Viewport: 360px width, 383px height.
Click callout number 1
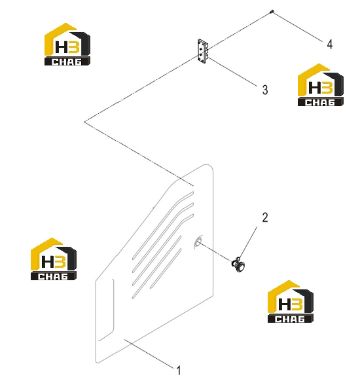point(179,371)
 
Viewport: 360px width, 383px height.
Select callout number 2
point(265,217)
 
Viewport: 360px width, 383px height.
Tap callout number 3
point(265,90)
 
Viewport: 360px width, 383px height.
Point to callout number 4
point(330,45)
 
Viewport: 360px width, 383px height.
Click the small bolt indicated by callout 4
point(272,11)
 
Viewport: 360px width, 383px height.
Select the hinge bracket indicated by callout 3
point(203,52)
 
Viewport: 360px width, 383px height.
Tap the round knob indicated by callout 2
point(239,264)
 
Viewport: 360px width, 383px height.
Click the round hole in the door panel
point(198,242)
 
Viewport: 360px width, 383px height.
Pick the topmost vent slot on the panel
point(163,225)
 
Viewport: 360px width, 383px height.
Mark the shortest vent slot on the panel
point(166,268)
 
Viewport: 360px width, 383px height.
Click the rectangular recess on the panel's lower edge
point(106,310)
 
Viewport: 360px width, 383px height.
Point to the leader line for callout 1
point(149,354)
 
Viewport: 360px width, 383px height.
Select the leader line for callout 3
point(232,72)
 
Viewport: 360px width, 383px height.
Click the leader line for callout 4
point(297,26)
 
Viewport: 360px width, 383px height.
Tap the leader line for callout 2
point(248,243)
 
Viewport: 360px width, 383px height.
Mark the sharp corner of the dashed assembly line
point(84,122)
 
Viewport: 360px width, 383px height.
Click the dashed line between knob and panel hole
point(215,251)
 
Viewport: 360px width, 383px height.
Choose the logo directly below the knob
point(291,302)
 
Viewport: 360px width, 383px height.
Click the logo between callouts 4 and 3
point(321,85)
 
